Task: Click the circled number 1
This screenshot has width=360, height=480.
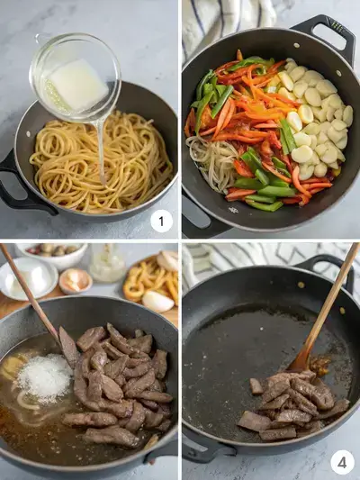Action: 160,221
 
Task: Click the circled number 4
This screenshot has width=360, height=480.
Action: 342,462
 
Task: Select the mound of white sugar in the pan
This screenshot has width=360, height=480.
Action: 44,376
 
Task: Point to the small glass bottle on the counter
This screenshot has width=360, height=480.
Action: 107,263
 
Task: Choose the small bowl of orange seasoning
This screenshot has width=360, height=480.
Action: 75,281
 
